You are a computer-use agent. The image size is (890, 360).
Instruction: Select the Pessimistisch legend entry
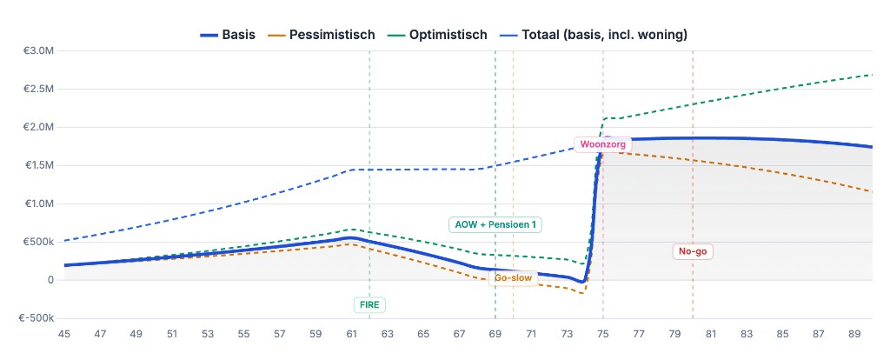point(322,35)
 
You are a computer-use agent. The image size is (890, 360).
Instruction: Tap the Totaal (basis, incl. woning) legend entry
point(594,35)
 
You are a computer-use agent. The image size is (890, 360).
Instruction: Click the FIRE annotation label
point(369,304)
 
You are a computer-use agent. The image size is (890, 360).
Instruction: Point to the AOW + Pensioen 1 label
point(495,224)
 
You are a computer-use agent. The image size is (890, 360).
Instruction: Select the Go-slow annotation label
point(513,278)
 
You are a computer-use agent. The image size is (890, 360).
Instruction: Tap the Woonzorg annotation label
point(602,144)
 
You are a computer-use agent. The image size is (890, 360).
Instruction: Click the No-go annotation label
point(694,251)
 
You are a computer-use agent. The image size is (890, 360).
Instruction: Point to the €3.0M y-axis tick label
point(39,50)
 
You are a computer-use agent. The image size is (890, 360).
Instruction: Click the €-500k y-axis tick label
point(37,318)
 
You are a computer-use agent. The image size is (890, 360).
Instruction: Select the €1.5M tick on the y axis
point(39,165)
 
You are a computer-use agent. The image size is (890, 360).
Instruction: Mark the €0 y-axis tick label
point(50,280)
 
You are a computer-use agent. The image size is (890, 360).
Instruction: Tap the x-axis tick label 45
point(63,334)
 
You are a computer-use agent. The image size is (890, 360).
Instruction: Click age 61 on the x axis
point(351,334)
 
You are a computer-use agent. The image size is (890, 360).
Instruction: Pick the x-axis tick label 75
point(603,334)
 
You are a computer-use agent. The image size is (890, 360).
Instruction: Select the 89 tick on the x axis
point(854,334)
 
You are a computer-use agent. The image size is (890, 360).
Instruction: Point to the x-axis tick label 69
point(495,334)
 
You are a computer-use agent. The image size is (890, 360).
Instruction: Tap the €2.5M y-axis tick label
point(39,89)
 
